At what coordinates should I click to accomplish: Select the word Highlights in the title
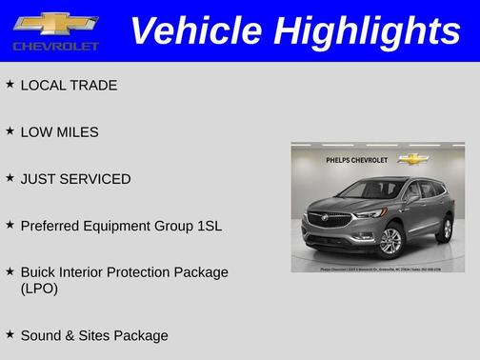click(367, 30)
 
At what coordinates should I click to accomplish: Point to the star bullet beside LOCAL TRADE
click(10, 85)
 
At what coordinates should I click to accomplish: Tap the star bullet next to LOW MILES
click(10, 131)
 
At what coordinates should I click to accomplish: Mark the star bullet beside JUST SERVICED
click(10, 178)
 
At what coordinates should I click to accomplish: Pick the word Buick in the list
click(39, 272)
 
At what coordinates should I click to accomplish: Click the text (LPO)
click(39, 289)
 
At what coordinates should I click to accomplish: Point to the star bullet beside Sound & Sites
click(10, 334)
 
